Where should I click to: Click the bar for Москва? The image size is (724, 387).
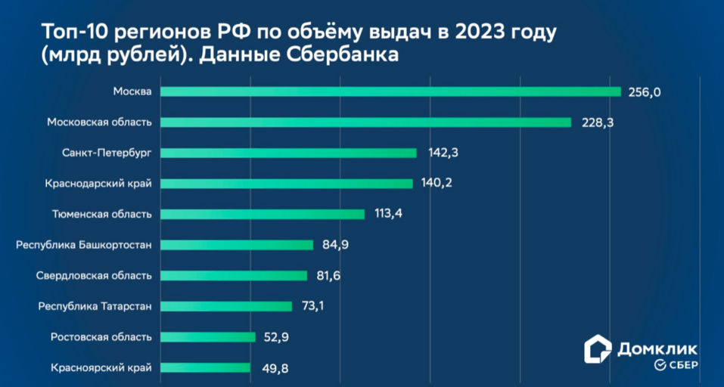(390, 91)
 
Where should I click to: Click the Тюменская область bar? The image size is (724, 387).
(262, 214)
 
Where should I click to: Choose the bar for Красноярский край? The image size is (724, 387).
(205, 367)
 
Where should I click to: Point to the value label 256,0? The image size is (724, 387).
(645, 91)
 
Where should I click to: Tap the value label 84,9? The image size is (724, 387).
(335, 245)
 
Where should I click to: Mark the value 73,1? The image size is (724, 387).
(314, 306)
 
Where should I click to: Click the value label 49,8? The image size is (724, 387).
(272, 368)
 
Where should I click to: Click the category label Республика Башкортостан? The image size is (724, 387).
(84, 245)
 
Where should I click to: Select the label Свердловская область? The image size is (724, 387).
(95, 275)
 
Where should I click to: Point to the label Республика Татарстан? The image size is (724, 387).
(95, 306)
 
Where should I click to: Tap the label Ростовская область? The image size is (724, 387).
(101, 337)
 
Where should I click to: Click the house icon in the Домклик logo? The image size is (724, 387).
(598, 349)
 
